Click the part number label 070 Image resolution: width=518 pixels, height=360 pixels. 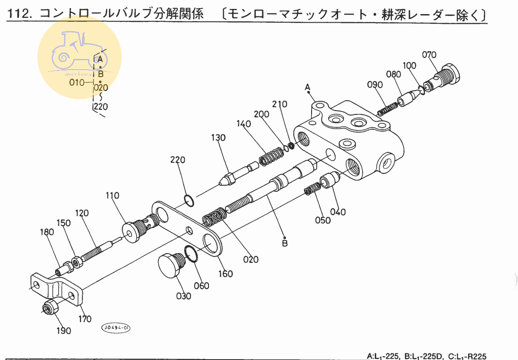(x=429, y=55)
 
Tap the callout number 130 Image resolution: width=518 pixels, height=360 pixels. (x=218, y=138)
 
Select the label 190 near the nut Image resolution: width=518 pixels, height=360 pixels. (x=64, y=331)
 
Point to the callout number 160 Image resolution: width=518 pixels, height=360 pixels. (x=226, y=273)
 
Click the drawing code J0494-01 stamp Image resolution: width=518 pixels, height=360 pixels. (x=115, y=328)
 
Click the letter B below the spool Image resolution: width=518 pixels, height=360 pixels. (x=285, y=243)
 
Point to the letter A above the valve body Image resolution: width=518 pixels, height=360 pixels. (x=307, y=88)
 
